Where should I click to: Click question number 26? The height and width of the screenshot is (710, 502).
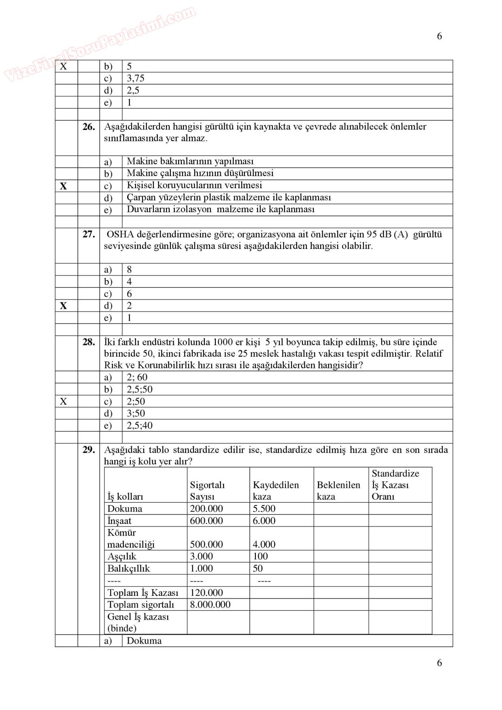89,127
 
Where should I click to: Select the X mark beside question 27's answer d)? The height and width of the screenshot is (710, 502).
64,306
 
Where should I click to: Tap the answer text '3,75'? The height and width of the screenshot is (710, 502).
136,79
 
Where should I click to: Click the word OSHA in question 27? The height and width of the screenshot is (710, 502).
120,234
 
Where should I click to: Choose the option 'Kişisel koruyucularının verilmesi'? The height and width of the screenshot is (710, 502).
194,185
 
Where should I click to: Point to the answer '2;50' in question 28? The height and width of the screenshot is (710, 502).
136,402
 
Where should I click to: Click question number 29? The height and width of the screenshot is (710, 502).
89,450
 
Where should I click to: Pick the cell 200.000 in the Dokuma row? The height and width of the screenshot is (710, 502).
206,509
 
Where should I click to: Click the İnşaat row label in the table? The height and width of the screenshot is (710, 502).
119,521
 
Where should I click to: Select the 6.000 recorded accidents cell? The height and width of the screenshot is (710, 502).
264,521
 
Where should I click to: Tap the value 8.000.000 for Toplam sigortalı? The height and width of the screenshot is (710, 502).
210,605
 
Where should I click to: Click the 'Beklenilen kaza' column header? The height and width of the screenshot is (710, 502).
338,491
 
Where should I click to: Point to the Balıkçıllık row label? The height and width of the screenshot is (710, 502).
129,569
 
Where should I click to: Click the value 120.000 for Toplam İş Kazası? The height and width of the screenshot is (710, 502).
206,593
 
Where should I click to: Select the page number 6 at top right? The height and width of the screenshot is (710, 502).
439,36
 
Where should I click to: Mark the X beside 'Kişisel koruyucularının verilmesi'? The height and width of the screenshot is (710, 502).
64,186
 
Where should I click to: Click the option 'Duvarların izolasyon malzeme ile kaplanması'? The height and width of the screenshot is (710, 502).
221,209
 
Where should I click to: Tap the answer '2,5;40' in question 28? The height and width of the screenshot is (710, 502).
140,425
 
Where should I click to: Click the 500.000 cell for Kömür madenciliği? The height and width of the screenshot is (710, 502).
206,545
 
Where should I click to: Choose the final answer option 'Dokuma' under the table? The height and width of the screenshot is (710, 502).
144,641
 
